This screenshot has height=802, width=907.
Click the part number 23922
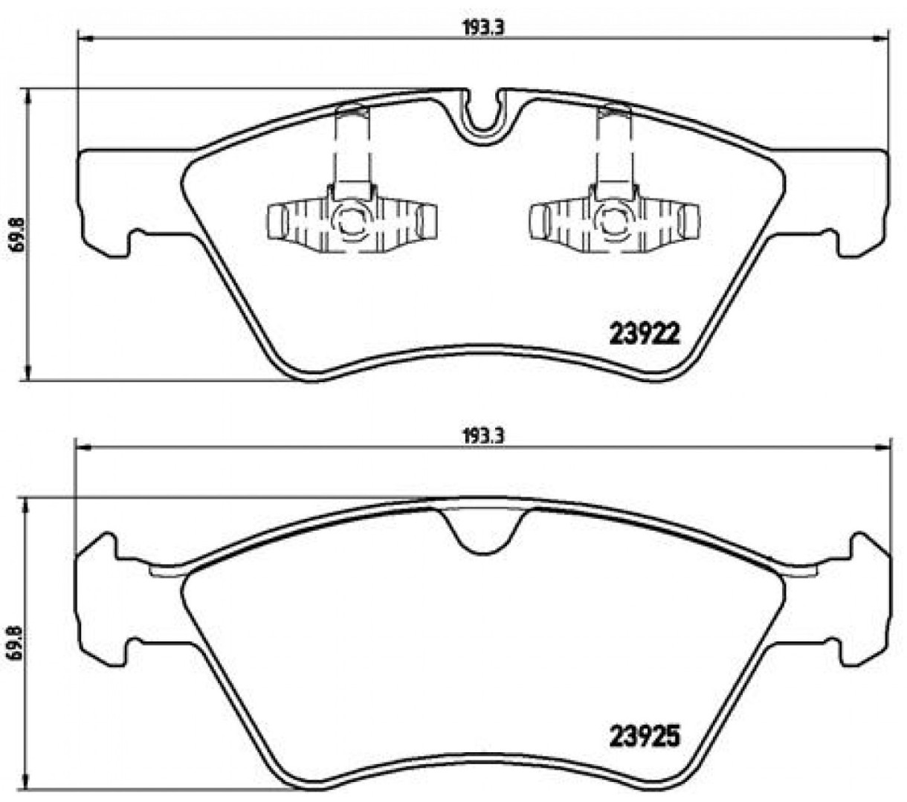click(645, 334)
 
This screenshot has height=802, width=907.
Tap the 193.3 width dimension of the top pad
click(482, 28)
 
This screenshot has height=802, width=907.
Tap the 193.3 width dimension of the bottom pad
click(482, 436)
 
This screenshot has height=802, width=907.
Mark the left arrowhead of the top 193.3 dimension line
click(85, 39)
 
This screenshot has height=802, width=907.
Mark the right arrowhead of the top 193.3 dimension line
click(880, 39)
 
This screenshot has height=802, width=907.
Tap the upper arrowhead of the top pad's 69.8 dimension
click(28, 97)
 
